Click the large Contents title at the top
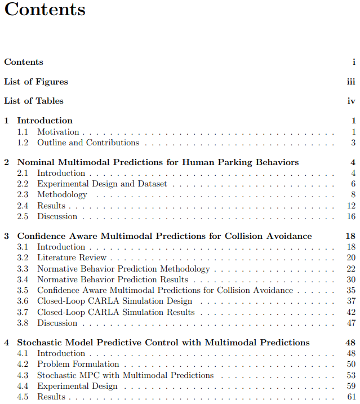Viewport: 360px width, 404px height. click(x=45, y=10)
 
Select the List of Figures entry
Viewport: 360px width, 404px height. click(x=35, y=82)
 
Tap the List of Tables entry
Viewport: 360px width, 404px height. click(x=34, y=101)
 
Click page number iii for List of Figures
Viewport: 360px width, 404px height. click(x=351, y=82)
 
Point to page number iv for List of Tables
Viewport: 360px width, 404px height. click(x=351, y=101)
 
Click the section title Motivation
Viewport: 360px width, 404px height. click(x=58, y=132)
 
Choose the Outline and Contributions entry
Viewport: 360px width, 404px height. click(x=88, y=143)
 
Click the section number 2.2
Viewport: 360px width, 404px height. click(x=23, y=184)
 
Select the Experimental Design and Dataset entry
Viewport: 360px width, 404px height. click(x=102, y=184)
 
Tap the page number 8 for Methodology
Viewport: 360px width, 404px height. click(x=353, y=195)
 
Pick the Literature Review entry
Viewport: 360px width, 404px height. click(x=72, y=258)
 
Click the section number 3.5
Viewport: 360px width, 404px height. click(x=23, y=291)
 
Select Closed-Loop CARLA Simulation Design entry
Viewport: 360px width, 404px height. click(x=115, y=301)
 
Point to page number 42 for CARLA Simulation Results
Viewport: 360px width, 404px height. click(x=351, y=312)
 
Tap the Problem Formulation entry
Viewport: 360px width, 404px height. click(x=78, y=365)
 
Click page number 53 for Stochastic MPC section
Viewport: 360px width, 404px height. click(x=351, y=375)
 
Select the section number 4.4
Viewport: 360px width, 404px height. click(x=23, y=386)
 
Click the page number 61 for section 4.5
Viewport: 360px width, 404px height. click(x=351, y=397)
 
